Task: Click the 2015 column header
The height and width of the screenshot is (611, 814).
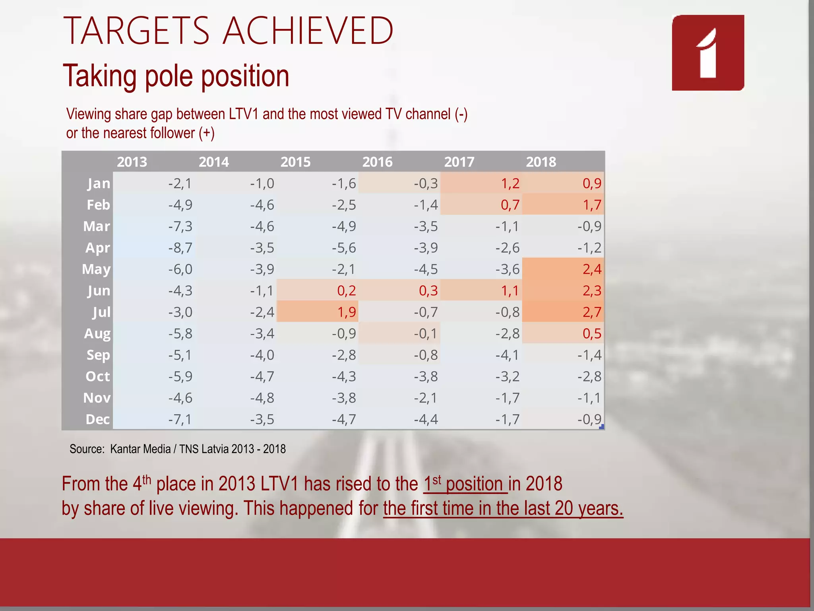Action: point(295,162)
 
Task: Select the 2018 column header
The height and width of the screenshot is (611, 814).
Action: point(541,162)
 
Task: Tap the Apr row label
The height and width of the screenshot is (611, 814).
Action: point(97,248)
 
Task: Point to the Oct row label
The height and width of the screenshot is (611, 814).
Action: point(97,376)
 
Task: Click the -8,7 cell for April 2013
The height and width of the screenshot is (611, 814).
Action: point(180,248)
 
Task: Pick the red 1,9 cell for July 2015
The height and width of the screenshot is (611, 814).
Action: point(347,312)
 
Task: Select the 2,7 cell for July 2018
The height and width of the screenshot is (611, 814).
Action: point(592,312)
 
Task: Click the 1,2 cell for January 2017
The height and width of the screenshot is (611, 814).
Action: point(510,183)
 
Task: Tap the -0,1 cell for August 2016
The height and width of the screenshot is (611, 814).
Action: point(426,333)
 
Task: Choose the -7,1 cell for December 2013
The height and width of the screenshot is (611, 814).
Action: point(180,419)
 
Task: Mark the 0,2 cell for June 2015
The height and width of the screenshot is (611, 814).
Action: point(346,291)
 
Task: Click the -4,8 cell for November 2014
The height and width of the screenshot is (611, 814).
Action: point(262,398)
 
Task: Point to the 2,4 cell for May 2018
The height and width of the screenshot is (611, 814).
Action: point(592,269)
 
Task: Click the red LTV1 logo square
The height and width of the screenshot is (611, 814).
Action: point(708,53)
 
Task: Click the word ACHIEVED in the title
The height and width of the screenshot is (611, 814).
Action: point(308,31)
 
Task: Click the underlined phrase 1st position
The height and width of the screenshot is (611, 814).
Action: point(465,484)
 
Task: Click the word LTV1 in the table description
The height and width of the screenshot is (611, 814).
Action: point(243,114)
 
